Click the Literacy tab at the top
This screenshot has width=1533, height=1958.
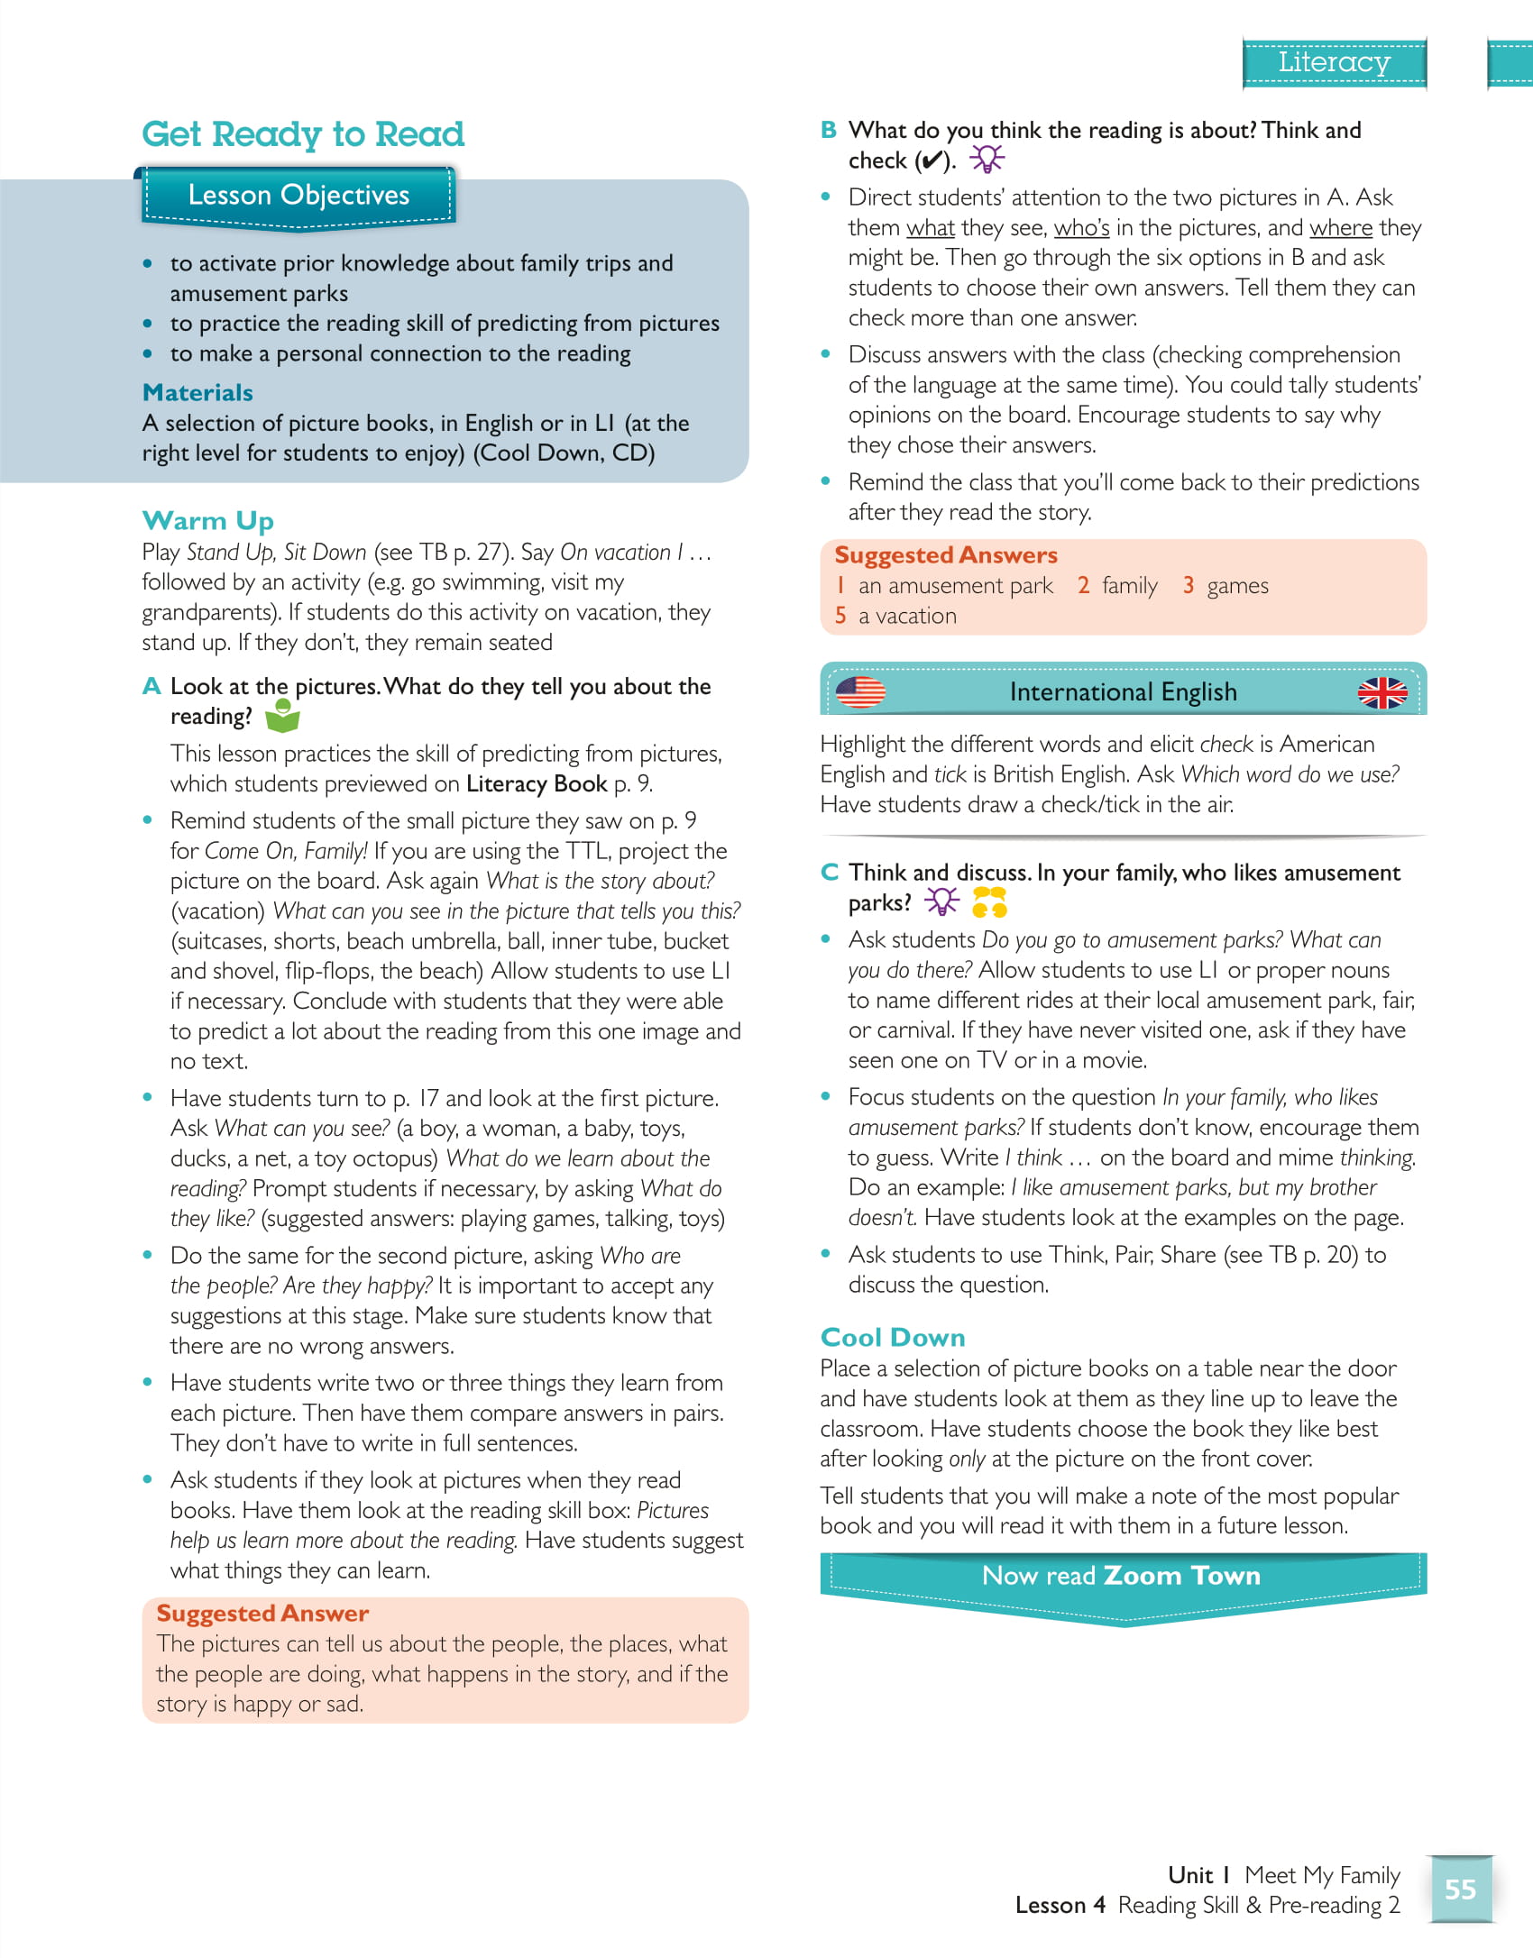click(x=1334, y=62)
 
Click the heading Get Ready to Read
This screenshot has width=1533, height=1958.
click(x=303, y=134)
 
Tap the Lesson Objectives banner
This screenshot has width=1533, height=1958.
click(x=298, y=195)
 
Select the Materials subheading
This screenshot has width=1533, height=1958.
click(x=197, y=392)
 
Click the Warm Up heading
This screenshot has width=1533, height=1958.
click(x=207, y=520)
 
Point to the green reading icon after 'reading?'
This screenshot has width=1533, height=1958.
click(x=282, y=716)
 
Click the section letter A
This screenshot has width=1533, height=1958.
click(x=151, y=686)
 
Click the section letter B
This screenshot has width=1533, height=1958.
click(x=829, y=130)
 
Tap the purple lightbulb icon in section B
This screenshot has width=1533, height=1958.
click(x=987, y=160)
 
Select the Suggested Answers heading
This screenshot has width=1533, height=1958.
click(x=945, y=554)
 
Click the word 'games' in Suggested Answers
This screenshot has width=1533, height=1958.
click(x=1237, y=586)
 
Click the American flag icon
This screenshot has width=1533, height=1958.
click(x=860, y=691)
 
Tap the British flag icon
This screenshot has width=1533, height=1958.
click(x=1382, y=692)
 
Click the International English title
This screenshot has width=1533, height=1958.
click(x=1123, y=691)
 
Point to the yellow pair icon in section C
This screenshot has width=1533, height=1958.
click(x=989, y=901)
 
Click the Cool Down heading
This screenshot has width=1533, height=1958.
click(x=892, y=1337)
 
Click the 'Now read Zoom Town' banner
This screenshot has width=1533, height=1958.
click(x=1122, y=1576)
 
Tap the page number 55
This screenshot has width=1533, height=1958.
click(x=1460, y=1889)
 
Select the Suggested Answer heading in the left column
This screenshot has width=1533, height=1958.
click(x=262, y=1613)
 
